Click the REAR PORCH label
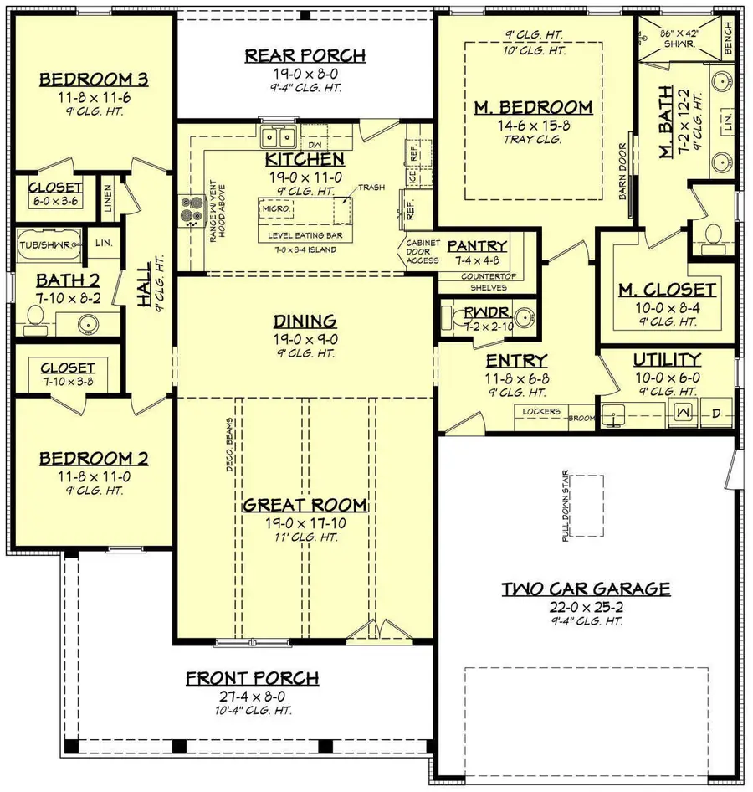pyautogui.click(x=305, y=56)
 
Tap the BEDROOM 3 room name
pyautogui.click(x=94, y=80)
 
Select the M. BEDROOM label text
pyautogui.click(x=533, y=107)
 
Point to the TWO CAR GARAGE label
pyautogui.click(x=586, y=589)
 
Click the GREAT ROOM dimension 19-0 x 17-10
pyautogui.click(x=305, y=522)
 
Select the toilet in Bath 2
pyautogui.click(x=36, y=316)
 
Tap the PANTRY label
pyautogui.click(x=477, y=246)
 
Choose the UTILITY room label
pyautogui.click(x=667, y=360)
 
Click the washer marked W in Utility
pyautogui.click(x=681, y=413)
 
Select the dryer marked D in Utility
pyautogui.click(x=715, y=413)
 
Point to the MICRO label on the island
pyautogui.click(x=275, y=208)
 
